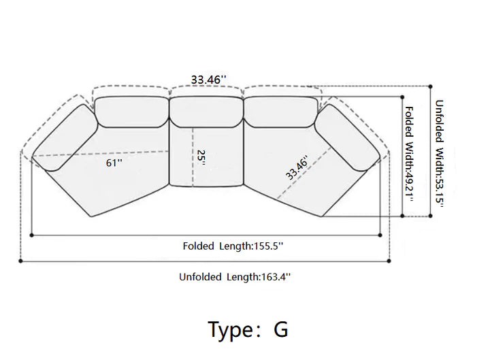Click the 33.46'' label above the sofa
tap(208, 80)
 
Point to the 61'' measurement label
tap(114, 163)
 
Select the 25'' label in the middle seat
tap(201, 158)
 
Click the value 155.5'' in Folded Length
tap(269, 246)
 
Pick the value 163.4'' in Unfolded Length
tap(276, 277)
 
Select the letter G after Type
tap(281, 329)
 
